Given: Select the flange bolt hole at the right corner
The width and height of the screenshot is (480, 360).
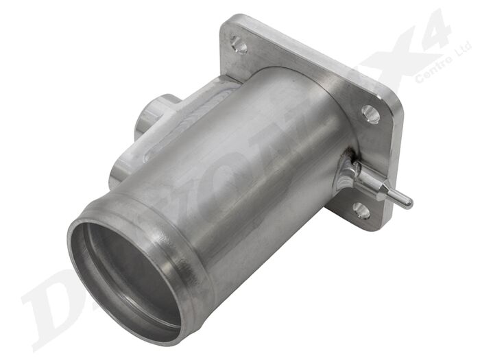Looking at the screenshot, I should coord(370,114).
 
